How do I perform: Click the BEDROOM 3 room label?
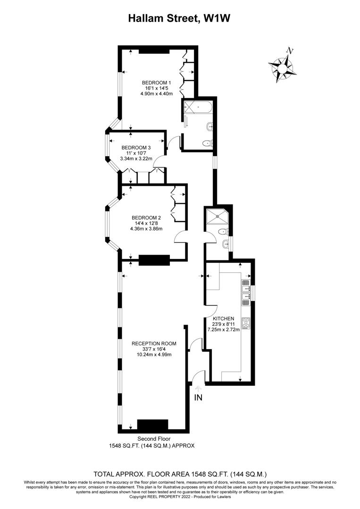136,147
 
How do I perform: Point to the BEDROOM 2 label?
146,217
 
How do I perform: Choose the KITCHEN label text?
226,319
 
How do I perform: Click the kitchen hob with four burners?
246,324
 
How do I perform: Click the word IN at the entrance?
198,398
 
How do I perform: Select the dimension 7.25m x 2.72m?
226,330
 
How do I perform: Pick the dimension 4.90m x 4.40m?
157,93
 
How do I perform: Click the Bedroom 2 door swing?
181,237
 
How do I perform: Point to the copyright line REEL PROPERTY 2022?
180,496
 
